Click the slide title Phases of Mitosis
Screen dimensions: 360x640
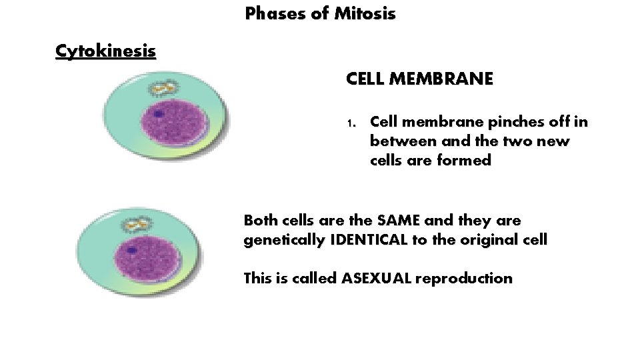click(320, 13)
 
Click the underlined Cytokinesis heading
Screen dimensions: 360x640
click(105, 51)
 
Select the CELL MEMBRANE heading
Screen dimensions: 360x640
click(419, 79)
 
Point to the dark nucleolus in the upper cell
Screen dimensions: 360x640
click(158, 114)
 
